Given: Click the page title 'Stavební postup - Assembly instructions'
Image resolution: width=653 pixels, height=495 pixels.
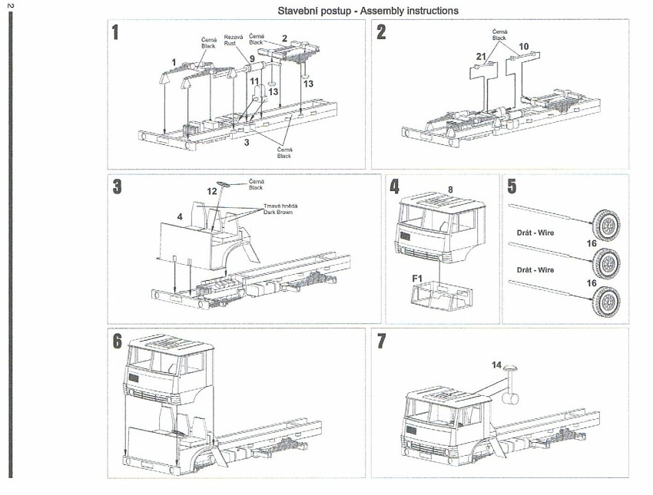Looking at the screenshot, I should pos(368,11).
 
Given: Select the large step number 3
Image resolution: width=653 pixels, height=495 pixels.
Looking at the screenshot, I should pos(117,186).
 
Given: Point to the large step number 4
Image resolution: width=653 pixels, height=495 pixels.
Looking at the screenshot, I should pos(395,186).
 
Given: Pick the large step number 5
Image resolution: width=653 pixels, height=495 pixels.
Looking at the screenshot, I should pos(513,186).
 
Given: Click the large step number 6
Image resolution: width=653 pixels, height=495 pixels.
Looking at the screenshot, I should pos(117,342).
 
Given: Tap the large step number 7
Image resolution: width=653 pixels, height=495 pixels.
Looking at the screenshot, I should pos(382,342).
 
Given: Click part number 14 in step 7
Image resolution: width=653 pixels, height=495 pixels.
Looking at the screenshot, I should pos(496,366).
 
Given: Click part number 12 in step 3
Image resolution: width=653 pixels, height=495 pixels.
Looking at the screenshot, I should pos(213,190).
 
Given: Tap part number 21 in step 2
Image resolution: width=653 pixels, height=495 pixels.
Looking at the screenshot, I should pos(480,57).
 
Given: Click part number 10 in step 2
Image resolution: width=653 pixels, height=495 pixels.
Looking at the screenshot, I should pos(523,47).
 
